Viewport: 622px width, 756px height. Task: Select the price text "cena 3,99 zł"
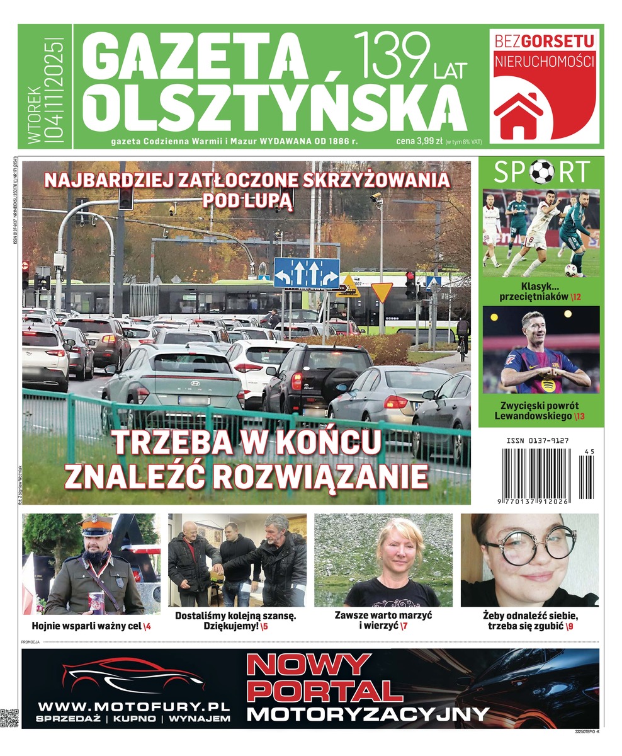pyautogui.click(x=419, y=141)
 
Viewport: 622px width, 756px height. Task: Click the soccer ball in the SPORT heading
pyautogui.click(x=541, y=171)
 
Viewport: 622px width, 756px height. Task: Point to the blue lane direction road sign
pyautogui.click(x=307, y=273)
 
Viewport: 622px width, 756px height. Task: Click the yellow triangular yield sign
pyautogui.click(x=382, y=292)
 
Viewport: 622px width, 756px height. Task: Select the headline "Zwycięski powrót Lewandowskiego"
pyautogui.click(x=541, y=411)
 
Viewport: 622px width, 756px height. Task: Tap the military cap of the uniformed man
pyautogui.click(x=95, y=525)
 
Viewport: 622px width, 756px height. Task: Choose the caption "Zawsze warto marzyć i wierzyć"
pyautogui.click(x=383, y=620)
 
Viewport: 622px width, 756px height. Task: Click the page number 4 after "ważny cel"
pyautogui.click(x=149, y=626)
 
